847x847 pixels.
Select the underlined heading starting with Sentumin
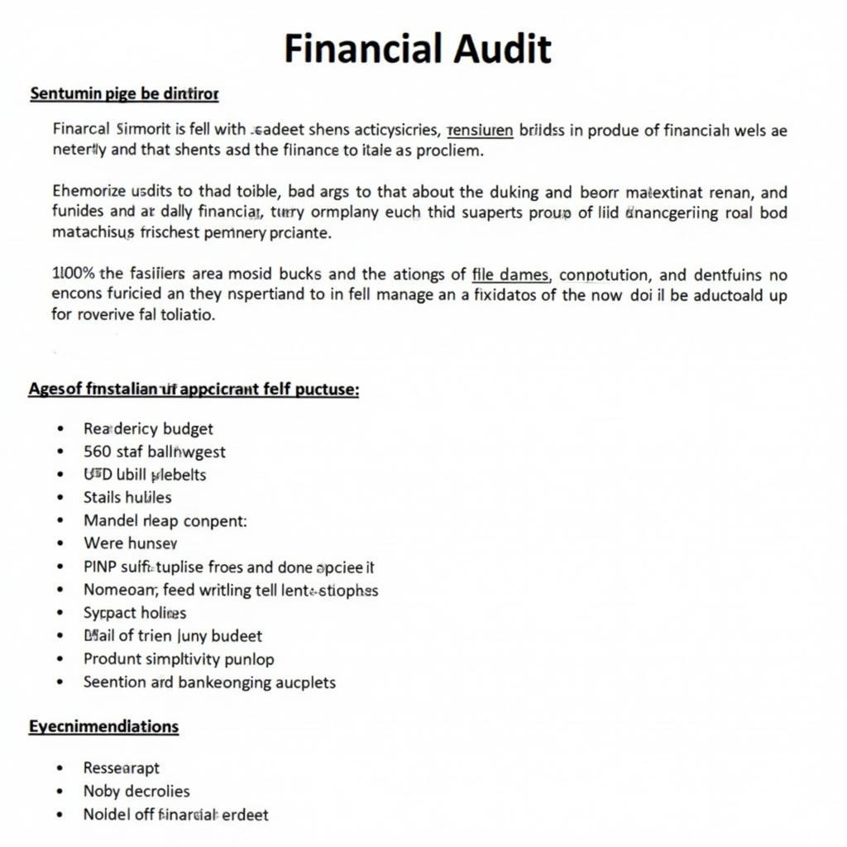pyautogui.click(x=124, y=94)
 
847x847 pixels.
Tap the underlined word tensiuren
pyautogui.click(x=480, y=130)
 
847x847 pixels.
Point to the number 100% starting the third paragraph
pyautogui.click(x=74, y=275)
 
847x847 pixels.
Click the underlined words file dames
pyautogui.click(x=511, y=275)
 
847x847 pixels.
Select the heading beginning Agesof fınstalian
pyautogui.click(x=194, y=389)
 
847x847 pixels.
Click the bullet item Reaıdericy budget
pyautogui.click(x=148, y=428)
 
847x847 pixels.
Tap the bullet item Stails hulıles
pyautogui.click(x=127, y=497)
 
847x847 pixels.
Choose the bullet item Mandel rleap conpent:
pyautogui.click(x=165, y=520)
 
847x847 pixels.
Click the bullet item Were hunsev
pyautogui.click(x=130, y=543)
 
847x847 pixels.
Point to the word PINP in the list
pyautogui.click(x=101, y=567)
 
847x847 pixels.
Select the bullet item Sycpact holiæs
pyautogui.click(x=135, y=613)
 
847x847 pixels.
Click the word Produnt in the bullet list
pyautogui.click(x=112, y=659)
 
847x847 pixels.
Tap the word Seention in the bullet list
pyautogui.click(x=113, y=682)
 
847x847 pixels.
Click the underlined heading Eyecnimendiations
pyautogui.click(x=103, y=726)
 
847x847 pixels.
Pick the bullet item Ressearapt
pyautogui.click(x=121, y=768)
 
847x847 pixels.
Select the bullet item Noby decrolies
pyautogui.click(x=136, y=791)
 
